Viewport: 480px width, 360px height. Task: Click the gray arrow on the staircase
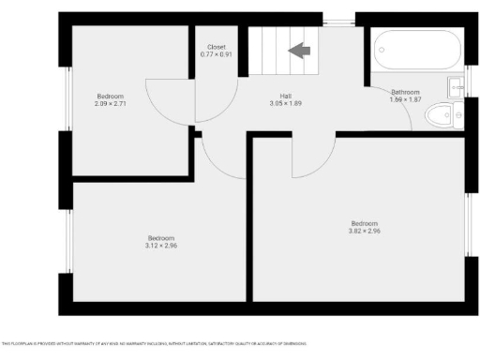tap(300, 51)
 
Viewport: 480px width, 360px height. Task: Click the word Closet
tap(217, 46)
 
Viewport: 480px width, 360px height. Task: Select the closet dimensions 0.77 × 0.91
tap(217, 54)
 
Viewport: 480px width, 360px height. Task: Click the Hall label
tap(285, 96)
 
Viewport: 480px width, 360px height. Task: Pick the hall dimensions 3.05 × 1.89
tap(285, 104)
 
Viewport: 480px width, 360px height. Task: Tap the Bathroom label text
tap(405, 91)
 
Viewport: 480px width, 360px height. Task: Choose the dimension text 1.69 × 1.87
tap(405, 99)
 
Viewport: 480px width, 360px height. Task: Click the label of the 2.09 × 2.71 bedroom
tap(110, 96)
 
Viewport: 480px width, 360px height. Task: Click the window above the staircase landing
tap(338, 18)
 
